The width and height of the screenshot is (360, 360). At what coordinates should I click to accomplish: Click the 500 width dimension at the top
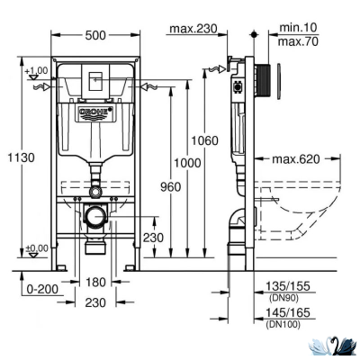(x=95, y=33)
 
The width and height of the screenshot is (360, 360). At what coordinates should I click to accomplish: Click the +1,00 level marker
(x=37, y=70)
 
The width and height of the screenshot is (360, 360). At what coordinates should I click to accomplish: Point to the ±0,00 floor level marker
(x=36, y=247)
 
